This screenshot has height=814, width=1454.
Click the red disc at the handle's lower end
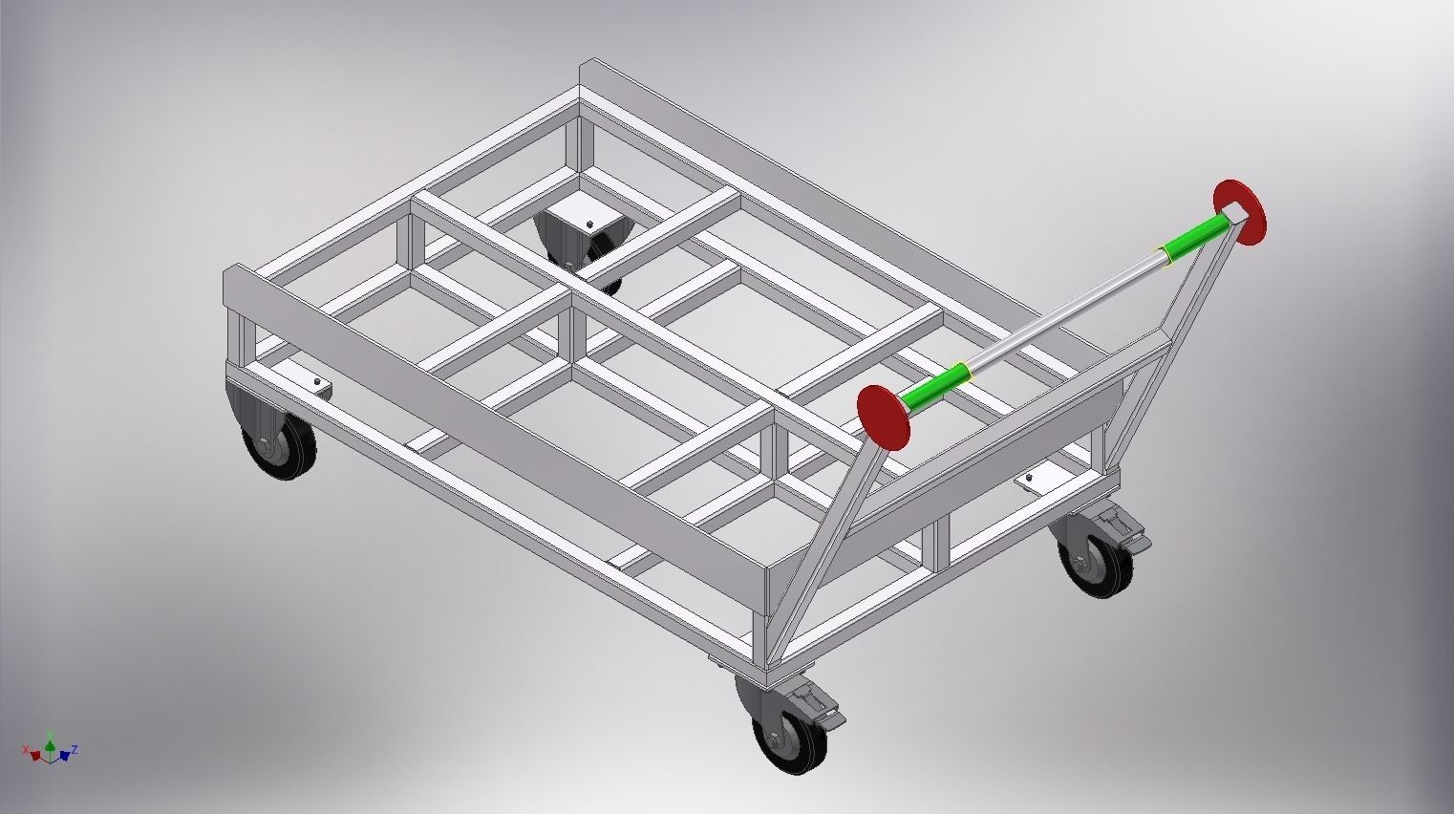coord(883,417)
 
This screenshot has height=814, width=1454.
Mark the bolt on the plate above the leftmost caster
coord(317,383)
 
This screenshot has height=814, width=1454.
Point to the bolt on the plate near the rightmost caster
coord(1031,477)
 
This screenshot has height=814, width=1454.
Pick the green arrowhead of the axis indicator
coord(50,743)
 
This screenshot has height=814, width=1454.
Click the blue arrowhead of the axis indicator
coord(64,756)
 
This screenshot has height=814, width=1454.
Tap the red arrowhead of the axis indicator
coord(36,756)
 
